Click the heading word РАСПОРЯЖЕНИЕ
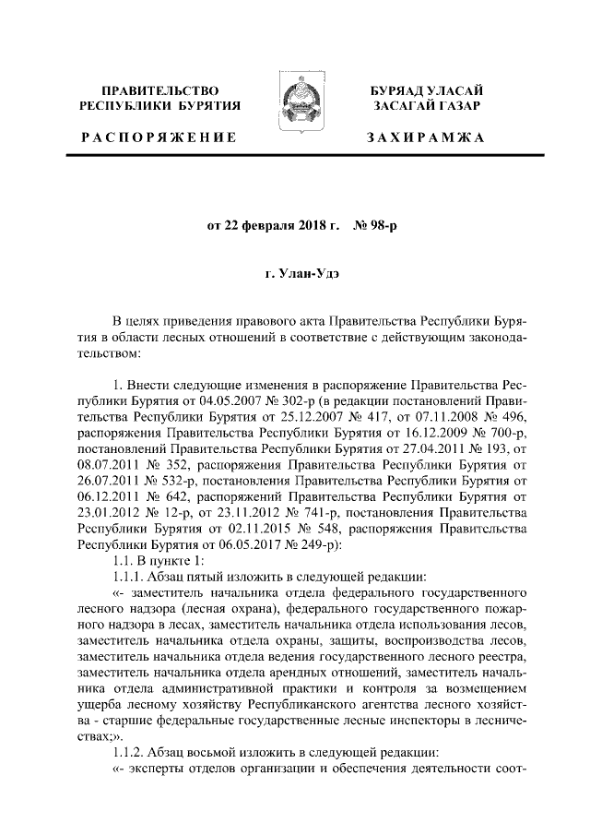(159, 137)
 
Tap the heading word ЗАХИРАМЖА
(425, 137)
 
